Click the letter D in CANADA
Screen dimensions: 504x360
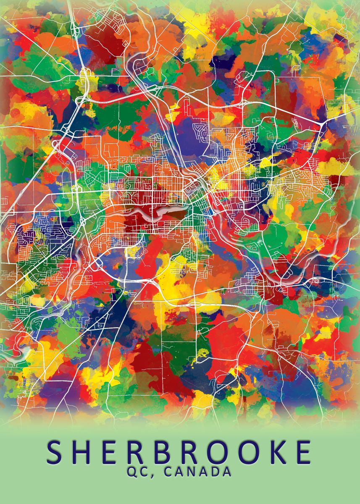click(215, 472)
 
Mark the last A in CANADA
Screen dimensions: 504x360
click(227, 472)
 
